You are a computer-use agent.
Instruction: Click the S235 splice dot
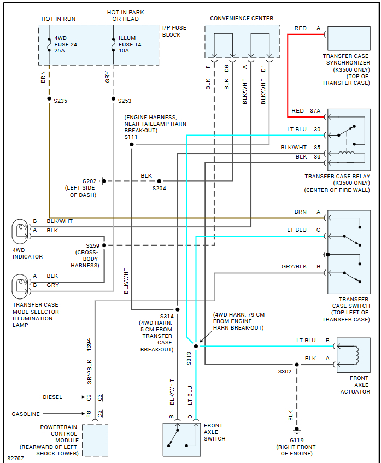49,99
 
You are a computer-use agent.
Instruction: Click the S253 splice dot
113,99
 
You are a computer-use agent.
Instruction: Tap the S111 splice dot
132,144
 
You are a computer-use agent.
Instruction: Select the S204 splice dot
160,181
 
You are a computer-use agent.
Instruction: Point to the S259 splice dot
104,245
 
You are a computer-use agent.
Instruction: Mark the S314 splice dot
177,309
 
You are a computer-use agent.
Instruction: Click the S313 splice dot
196,346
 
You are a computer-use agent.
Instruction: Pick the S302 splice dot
297,364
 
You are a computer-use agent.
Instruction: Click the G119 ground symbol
297,430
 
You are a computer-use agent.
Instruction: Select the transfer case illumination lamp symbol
21,285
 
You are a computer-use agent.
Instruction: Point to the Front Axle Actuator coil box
353,355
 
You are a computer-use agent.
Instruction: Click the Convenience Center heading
242,19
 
